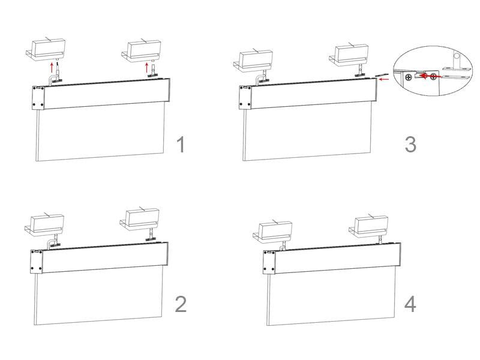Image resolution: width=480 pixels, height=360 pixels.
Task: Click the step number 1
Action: coord(181,145)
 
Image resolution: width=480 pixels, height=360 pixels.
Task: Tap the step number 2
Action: coord(181,304)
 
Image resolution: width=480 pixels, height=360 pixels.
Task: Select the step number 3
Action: coord(410,145)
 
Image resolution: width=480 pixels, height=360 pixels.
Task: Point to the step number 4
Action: coord(410,304)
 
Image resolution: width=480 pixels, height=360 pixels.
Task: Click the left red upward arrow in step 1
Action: coord(52,67)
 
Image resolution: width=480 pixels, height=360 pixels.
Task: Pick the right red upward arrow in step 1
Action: coord(146,67)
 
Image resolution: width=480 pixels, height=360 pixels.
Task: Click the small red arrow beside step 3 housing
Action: coord(384,79)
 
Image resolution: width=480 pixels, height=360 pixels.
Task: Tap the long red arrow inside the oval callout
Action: coord(430,76)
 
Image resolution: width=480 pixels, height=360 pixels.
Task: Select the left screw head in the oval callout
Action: coord(408,77)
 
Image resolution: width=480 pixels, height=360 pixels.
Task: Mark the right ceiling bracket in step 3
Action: coord(349,56)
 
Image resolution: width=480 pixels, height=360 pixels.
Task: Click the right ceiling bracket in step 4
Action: coord(368,227)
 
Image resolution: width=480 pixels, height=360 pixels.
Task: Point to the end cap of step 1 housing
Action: coord(38,98)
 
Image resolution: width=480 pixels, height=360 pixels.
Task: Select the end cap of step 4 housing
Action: coord(269,262)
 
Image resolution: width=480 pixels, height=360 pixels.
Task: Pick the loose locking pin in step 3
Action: coord(381,74)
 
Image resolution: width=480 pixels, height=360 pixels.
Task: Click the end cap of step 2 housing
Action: coord(37,261)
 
